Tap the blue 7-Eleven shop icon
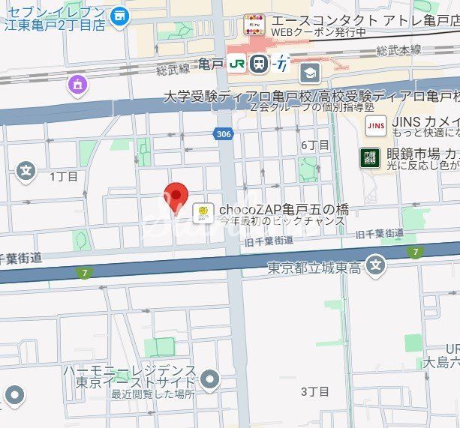pyautogui.click(x=119, y=15)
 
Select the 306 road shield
pyautogui.click(x=227, y=133)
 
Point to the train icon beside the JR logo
pyautogui.click(x=259, y=64)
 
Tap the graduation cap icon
pyautogui.click(x=309, y=73)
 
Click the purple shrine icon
pyautogui.click(x=77, y=86)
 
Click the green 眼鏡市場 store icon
pyautogui.click(x=368, y=157)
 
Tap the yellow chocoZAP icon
pyautogui.click(x=202, y=214)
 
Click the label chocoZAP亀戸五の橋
pyautogui.click(x=284, y=209)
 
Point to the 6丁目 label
pyautogui.click(x=314, y=145)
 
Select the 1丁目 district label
pyautogui.click(x=64, y=177)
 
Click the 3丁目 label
pyautogui.click(x=314, y=391)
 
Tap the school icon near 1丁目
pyautogui.click(x=26, y=172)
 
